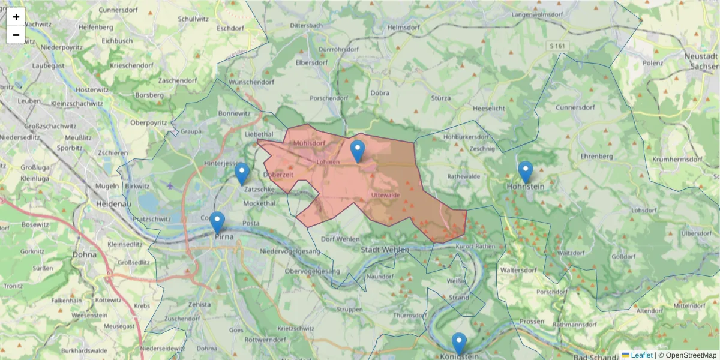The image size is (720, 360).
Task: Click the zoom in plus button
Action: click(x=16, y=17)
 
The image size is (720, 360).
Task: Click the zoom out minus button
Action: click(x=16, y=35)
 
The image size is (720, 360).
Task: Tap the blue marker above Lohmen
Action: click(x=358, y=151)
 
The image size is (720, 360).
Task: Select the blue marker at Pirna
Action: click(x=217, y=222)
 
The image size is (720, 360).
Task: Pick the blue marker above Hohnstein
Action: click(x=526, y=172)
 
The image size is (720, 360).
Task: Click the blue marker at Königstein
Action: click(x=459, y=344)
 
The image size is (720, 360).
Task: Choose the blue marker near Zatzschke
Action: click(x=242, y=174)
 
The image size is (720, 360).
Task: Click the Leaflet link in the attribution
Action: click(x=641, y=355)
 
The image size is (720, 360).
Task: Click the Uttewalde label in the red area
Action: click(x=386, y=195)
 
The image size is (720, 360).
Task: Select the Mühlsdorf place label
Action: click(x=309, y=143)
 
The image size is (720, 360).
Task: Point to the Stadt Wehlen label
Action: click(x=385, y=249)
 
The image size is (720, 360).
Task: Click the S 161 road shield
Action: click(x=557, y=46)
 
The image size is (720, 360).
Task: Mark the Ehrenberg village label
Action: click(x=596, y=156)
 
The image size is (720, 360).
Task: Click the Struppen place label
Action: click(x=350, y=310)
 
